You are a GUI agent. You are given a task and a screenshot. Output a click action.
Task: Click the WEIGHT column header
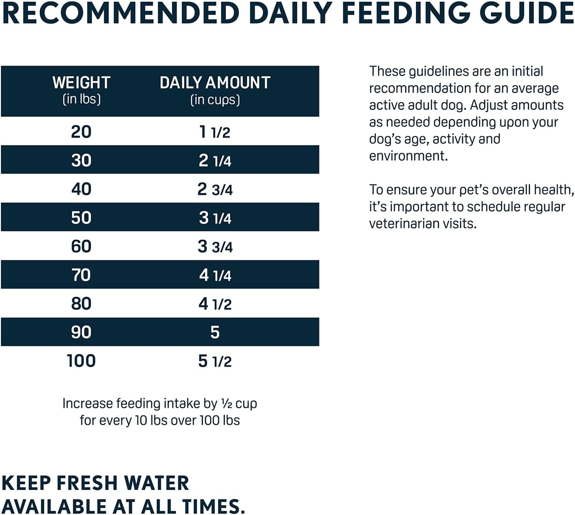81,83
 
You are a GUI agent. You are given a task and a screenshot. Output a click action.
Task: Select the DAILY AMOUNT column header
215,83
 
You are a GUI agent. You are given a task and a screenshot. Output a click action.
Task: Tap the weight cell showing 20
81,132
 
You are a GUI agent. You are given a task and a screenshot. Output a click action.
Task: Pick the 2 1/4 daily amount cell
215,160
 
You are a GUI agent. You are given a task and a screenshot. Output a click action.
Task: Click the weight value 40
81,189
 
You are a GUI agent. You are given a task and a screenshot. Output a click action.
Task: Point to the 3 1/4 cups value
215,218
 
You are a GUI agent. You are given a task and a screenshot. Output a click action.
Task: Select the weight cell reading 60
81,246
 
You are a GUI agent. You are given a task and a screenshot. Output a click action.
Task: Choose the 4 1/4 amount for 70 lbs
215,275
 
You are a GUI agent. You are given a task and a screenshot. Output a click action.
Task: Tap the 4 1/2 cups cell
215,304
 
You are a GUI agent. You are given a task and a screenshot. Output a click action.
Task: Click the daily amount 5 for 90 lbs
215,332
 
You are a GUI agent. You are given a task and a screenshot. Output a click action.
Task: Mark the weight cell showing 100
81,361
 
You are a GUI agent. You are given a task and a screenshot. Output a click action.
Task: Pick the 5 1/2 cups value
215,361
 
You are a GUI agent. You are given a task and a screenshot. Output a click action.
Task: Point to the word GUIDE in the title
526,13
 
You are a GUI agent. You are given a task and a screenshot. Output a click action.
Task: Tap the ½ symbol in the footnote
226,403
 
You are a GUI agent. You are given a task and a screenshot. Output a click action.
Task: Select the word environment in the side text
407,156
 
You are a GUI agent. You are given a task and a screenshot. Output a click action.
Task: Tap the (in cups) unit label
215,100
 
